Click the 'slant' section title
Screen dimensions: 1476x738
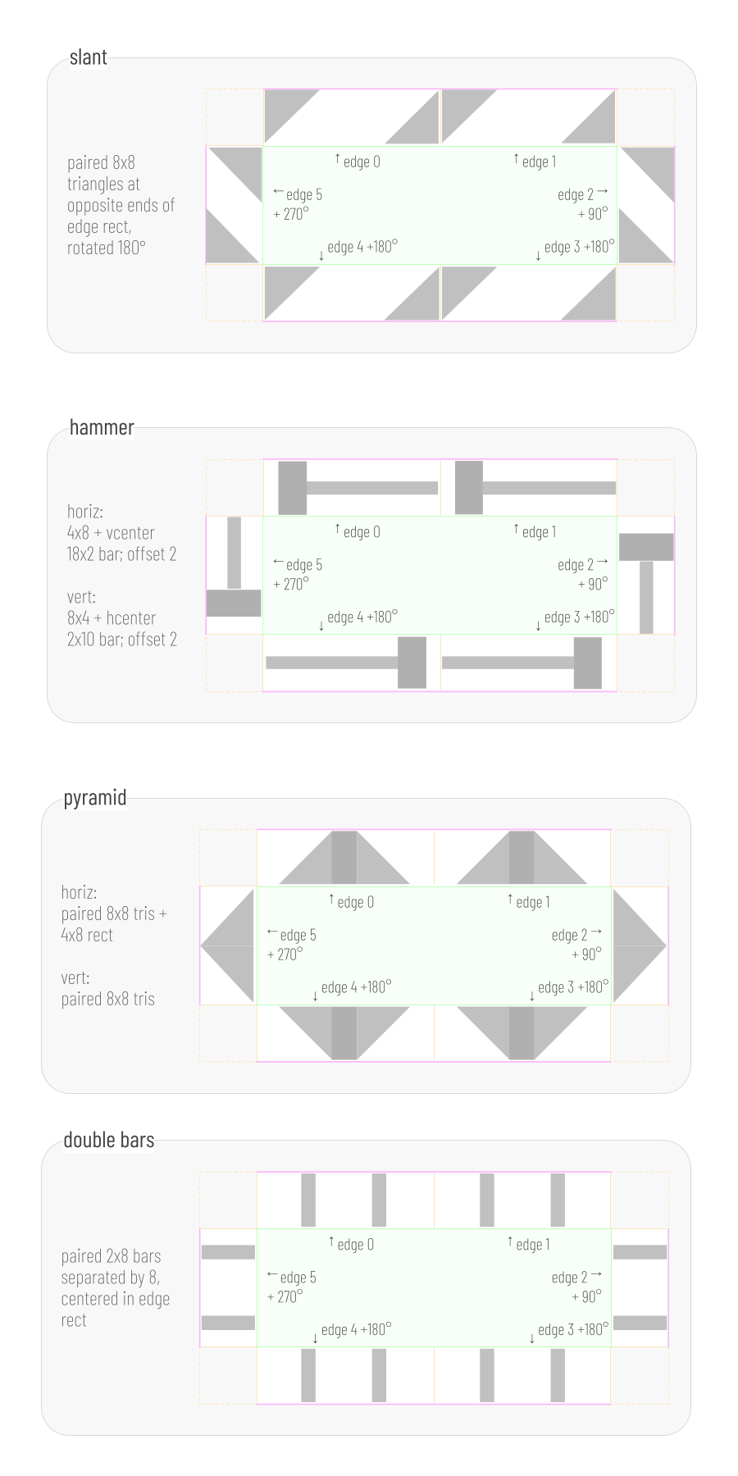88,57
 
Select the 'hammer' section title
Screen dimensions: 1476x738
102,427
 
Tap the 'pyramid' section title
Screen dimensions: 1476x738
95,798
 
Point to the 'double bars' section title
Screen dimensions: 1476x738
109,1140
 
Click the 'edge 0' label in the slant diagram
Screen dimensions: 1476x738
362,162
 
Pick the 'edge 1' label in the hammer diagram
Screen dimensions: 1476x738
539,531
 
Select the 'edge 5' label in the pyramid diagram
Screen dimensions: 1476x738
298,935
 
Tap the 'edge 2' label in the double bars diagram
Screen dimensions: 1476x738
570,1277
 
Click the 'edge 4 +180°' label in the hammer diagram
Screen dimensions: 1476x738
362,617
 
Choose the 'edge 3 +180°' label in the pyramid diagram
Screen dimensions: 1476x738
573,987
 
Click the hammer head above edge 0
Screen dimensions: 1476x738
292,488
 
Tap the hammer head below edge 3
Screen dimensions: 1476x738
588,663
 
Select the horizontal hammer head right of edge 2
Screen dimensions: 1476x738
646,547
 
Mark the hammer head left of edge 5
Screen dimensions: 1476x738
234,604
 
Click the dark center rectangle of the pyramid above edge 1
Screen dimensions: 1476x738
522,858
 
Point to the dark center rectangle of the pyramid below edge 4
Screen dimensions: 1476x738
344,1032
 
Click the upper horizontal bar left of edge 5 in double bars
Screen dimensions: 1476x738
228,1252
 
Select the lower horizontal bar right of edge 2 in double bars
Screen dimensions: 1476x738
640,1322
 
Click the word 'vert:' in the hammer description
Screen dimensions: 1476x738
81,597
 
